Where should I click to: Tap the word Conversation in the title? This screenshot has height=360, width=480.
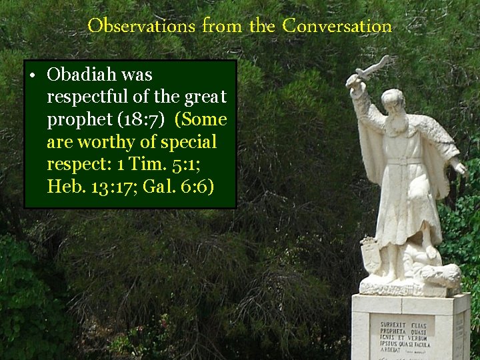coord(337,27)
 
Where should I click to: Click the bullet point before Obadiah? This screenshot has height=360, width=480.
coord(32,75)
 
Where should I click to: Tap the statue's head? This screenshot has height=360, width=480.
coord(394,101)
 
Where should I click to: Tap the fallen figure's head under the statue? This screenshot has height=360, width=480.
coord(445,274)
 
